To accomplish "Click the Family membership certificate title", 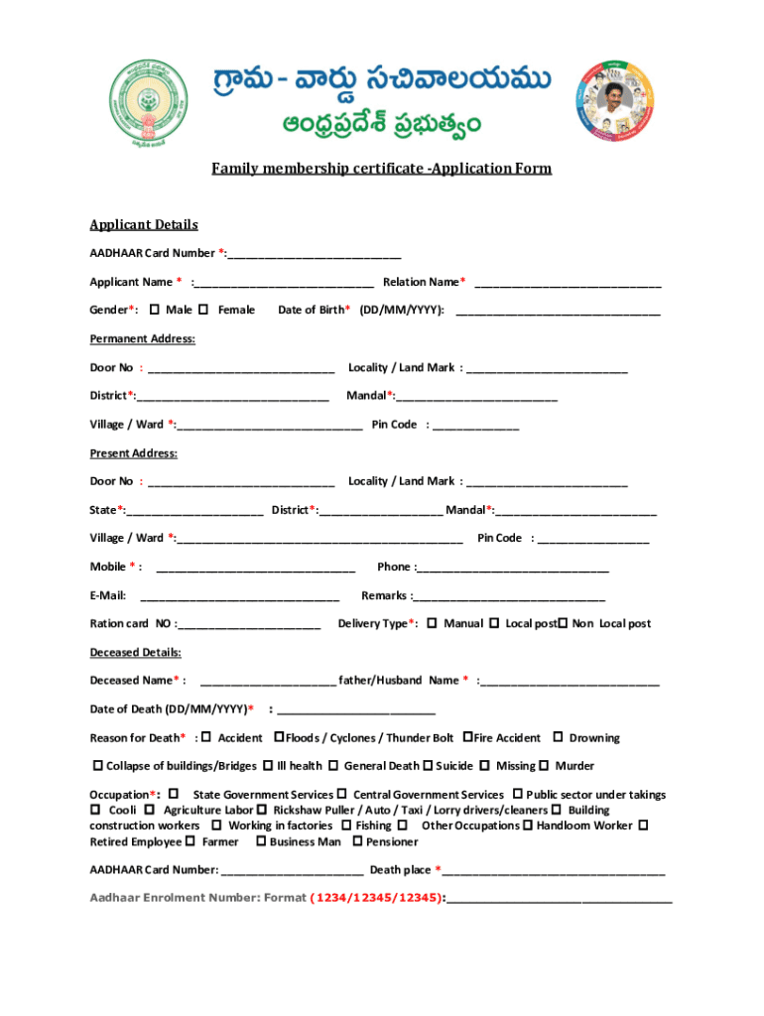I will [381, 169].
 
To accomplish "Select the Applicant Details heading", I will [144, 225].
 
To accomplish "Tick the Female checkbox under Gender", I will [203, 311].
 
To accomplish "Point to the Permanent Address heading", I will [142, 339].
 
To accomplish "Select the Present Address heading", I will [133, 453].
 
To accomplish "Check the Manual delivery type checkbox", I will [432, 623].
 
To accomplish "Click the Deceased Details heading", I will [135, 653].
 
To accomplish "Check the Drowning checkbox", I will [558, 737].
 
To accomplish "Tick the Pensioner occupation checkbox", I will [357, 842].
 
